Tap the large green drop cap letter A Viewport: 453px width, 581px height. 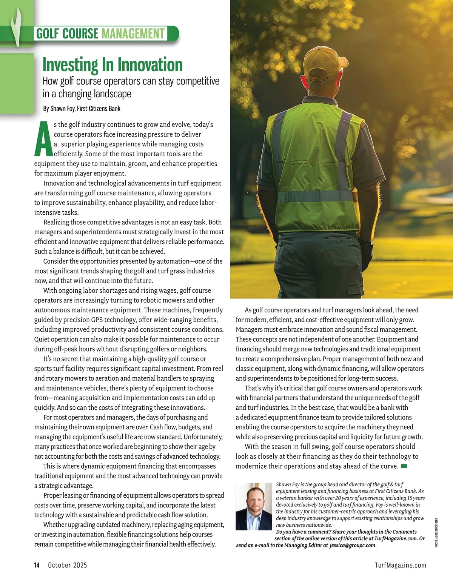point(43,139)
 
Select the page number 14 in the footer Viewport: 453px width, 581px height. point(37,565)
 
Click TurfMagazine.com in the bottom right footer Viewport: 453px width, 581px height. point(401,565)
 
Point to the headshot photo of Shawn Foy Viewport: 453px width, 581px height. point(253,507)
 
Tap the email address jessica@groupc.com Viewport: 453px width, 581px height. point(353,545)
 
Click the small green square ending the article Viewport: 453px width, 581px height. point(404,466)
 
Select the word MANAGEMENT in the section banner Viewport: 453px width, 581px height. point(133,34)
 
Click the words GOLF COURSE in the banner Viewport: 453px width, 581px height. point(67,34)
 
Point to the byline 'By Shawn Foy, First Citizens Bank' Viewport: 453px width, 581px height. point(82,109)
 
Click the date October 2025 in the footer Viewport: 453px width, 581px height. point(67,565)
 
